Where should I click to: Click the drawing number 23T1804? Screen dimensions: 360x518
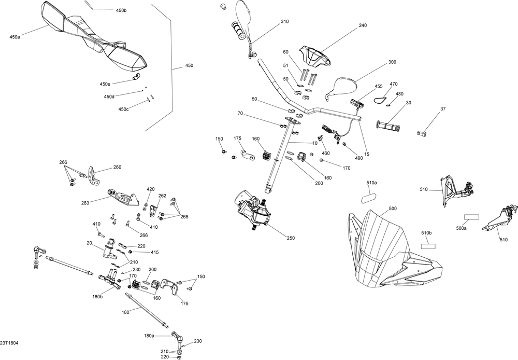(9, 343)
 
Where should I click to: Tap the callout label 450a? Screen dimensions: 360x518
(15, 37)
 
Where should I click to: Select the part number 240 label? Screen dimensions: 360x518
(362, 25)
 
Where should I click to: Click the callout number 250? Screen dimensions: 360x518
(290, 238)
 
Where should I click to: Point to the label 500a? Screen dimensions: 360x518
(461, 228)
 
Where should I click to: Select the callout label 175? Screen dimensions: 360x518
(237, 139)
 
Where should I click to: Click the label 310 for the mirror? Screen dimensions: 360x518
(284, 22)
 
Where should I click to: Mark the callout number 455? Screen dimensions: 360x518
(378, 87)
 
